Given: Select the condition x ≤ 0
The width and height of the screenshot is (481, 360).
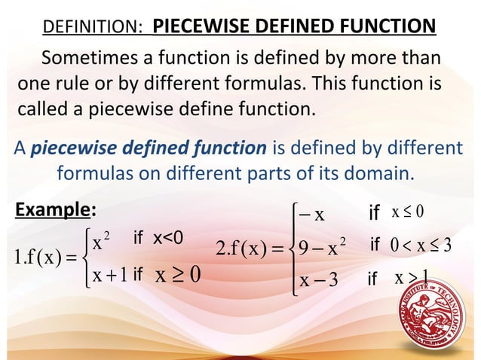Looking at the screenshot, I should click(407, 213).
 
